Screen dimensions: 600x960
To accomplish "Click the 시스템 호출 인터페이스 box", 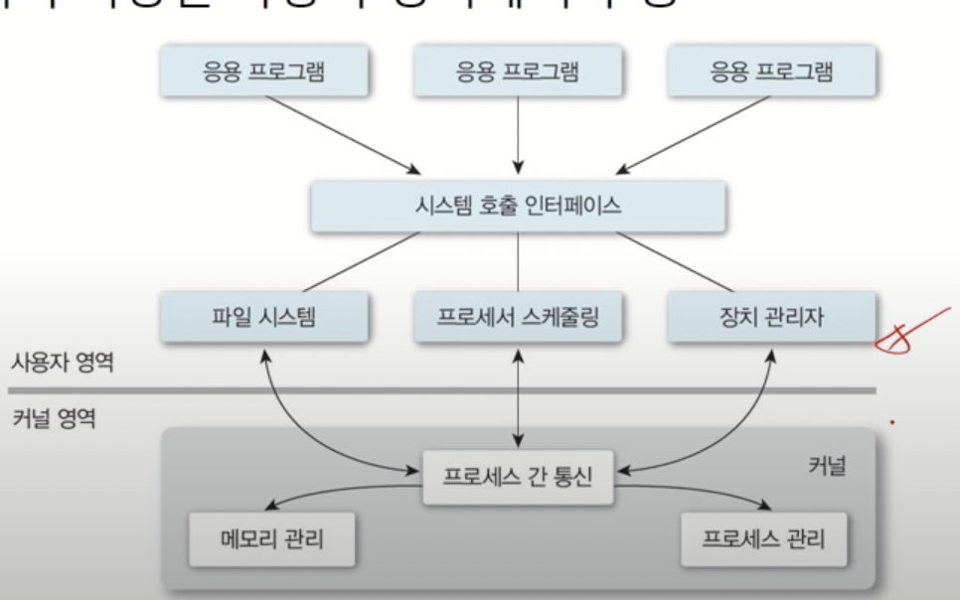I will [518, 208].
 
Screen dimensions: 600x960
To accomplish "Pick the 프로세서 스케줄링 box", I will [518, 318].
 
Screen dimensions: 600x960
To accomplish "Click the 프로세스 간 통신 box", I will [518, 470].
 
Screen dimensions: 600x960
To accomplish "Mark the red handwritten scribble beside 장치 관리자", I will [906, 333].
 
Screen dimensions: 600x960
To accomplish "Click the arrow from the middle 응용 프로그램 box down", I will [518, 134].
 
